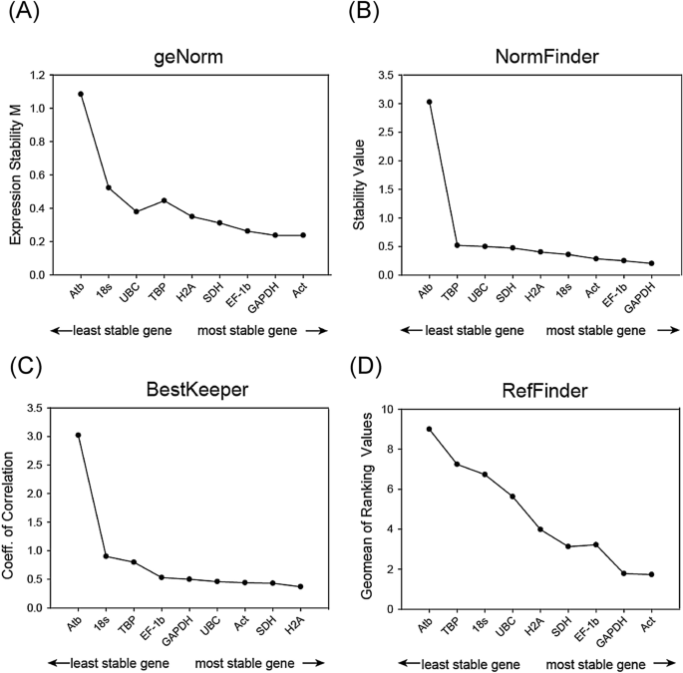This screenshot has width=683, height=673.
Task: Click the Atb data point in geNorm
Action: point(81,94)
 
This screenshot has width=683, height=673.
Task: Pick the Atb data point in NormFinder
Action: point(429,102)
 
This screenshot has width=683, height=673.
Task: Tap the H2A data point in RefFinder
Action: point(540,529)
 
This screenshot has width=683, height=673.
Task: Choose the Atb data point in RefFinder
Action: point(429,429)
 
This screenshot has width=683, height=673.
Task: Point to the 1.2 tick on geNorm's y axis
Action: point(39,76)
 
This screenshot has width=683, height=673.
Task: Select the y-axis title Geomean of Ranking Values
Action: point(365,507)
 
